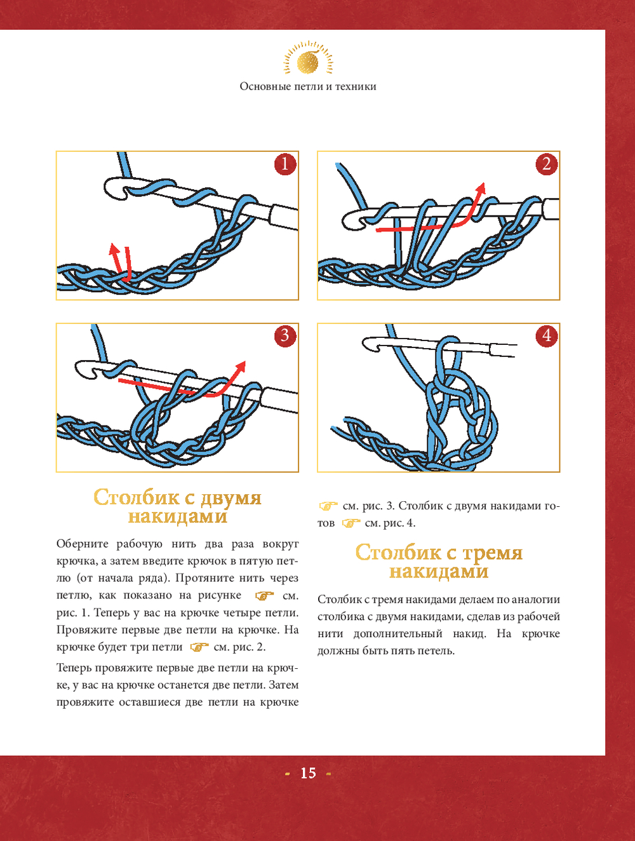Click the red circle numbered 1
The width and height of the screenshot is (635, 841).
(x=285, y=165)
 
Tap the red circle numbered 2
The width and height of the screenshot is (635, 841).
(x=547, y=165)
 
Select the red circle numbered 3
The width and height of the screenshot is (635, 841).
(x=285, y=335)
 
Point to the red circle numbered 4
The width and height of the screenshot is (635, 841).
(x=547, y=335)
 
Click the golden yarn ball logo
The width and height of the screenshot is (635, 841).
(x=308, y=62)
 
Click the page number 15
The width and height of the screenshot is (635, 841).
(x=308, y=773)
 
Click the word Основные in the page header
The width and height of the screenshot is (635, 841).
(x=265, y=86)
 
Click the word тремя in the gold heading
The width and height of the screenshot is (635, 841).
(x=492, y=553)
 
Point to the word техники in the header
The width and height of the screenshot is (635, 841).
(x=356, y=86)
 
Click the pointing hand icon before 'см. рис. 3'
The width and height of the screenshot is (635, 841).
(x=328, y=506)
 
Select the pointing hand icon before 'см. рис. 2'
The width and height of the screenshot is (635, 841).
(x=199, y=647)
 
